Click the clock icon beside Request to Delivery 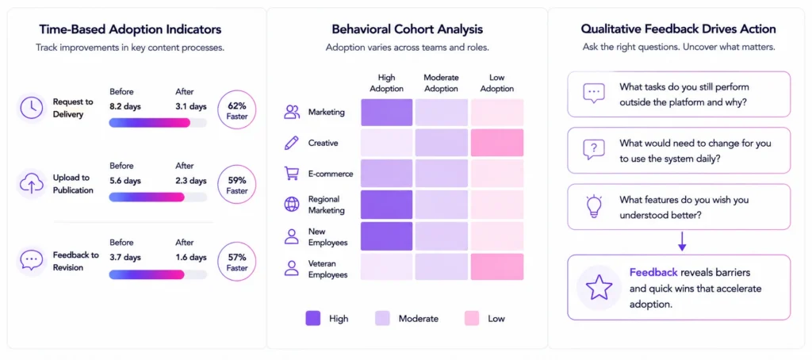coord(32,108)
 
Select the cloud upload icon coord(32,183)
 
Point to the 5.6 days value coord(125,182)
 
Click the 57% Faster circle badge coord(236,262)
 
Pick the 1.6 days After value coord(191,258)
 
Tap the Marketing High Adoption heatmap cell coord(387,113)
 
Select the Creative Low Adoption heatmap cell coord(496,143)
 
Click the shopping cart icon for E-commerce coord(292,174)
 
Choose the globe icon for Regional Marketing coord(292,204)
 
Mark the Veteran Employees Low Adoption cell coord(496,266)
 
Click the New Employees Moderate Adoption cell coord(442,236)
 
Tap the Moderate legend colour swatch coord(382,318)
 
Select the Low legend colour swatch coord(472,318)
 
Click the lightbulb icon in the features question coord(593,206)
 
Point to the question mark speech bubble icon coord(593,150)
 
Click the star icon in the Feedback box coord(599,288)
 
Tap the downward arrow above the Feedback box coord(682,242)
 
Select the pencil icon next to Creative coord(292,143)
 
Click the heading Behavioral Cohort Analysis coord(407,29)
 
